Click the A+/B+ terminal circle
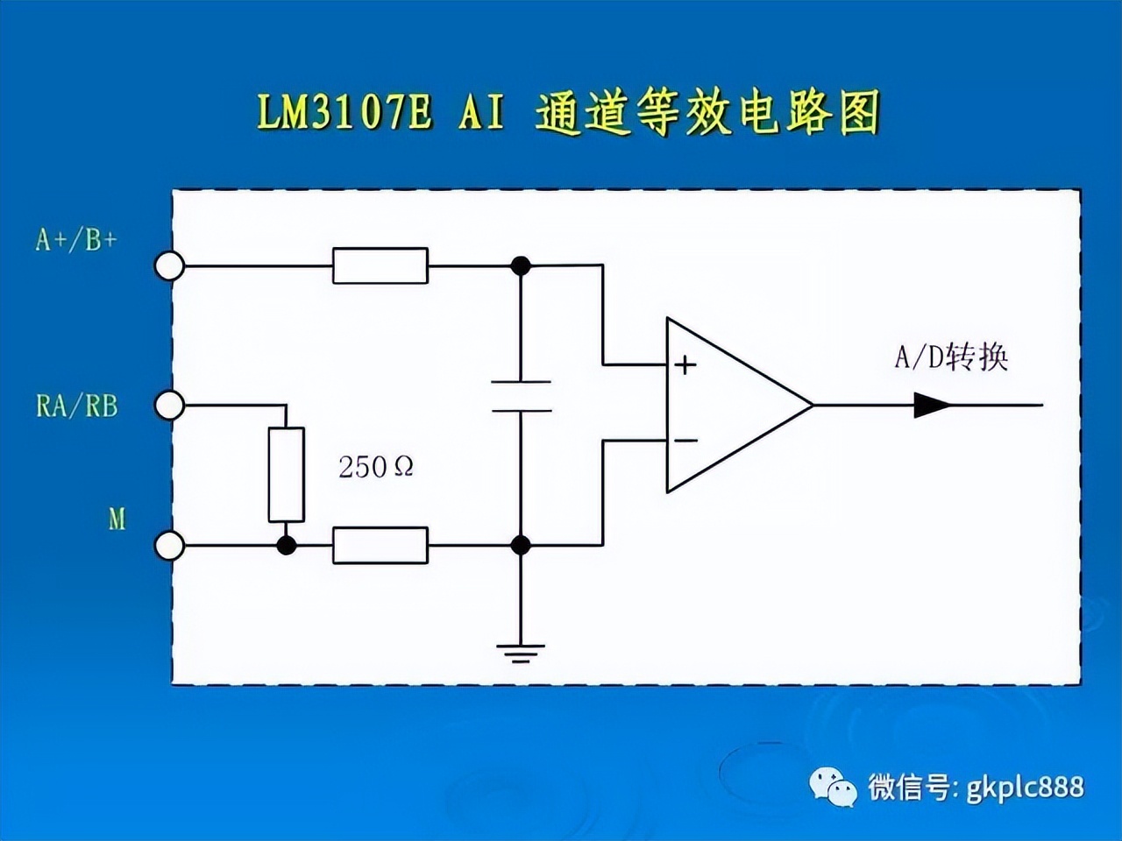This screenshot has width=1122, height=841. [x=169, y=265]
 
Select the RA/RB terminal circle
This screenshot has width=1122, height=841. [x=169, y=406]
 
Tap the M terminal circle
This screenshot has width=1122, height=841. [x=169, y=546]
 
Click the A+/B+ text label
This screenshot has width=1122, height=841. [x=76, y=240]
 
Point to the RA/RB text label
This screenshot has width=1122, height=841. [x=76, y=406]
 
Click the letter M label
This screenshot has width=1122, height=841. [x=117, y=519]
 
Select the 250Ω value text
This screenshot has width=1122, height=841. [x=376, y=467]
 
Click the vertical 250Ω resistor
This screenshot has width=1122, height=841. [x=287, y=474]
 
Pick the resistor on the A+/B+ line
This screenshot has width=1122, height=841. [x=380, y=265]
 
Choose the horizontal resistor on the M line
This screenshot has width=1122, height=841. [x=380, y=546]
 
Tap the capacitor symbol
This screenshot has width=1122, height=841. [x=521, y=396]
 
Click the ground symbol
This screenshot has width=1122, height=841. [x=521, y=654]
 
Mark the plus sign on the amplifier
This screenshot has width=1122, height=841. [x=685, y=365]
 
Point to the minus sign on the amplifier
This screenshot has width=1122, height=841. [x=685, y=440]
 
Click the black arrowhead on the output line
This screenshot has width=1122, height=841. [x=932, y=406]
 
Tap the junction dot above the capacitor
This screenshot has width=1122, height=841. [x=521, y=266]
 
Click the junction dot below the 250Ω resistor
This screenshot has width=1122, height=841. [x=287, y=546]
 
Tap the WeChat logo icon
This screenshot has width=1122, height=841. [x=833, y=788]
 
